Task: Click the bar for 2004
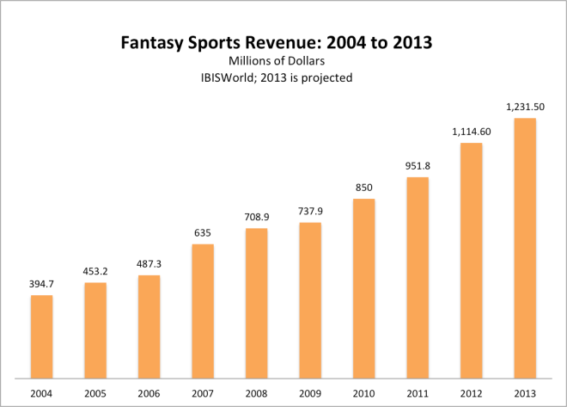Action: [41, 336]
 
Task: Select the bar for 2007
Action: [203, 311]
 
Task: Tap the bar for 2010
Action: [363, 288]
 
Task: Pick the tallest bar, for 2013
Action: [524, 248]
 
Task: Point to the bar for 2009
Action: [310, 300]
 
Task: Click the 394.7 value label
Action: [41, 284]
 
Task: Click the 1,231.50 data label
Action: [524, 107]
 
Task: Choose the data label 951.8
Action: [418, 166]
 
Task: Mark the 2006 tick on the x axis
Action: [149, 393]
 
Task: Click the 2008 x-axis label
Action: [256, 393]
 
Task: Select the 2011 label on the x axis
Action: [418, 393]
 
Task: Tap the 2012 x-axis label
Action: [471, 393]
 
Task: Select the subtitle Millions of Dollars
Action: [283, 60]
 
